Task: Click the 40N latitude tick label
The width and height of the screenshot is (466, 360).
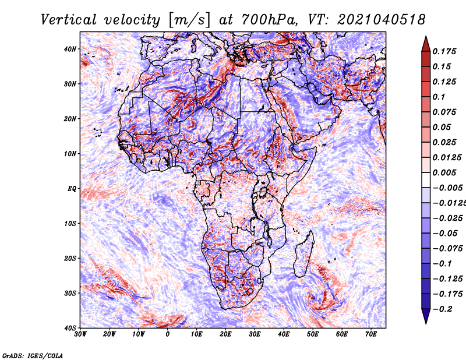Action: point(70,49)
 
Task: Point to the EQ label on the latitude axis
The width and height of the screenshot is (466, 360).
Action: point(72,189)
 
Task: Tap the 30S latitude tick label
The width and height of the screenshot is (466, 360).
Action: point(70,293)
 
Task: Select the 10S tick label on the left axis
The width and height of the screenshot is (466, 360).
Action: point(70,223)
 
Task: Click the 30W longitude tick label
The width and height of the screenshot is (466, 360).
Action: point(80,334)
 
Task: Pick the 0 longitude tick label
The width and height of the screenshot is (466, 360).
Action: point(168,334)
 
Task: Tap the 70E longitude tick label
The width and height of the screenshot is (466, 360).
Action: point(370,334)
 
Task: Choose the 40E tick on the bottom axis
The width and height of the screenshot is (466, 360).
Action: point(284,334)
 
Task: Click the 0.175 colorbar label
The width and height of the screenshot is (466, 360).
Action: point(444,51)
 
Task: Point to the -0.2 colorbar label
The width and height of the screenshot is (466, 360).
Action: point(442,309)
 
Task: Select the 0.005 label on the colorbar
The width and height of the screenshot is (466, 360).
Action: point(444,172)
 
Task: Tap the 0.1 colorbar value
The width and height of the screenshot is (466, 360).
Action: point(439,97)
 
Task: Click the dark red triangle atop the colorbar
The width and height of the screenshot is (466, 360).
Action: point(426,44)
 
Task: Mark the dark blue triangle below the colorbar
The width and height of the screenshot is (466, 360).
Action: point(426,316)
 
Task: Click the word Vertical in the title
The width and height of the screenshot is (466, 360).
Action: point(68,20)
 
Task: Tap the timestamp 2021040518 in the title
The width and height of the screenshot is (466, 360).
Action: point(381,20)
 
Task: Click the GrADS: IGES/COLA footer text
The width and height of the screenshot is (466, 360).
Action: point(33,355)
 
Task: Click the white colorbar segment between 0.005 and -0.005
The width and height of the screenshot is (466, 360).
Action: point(426,180)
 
